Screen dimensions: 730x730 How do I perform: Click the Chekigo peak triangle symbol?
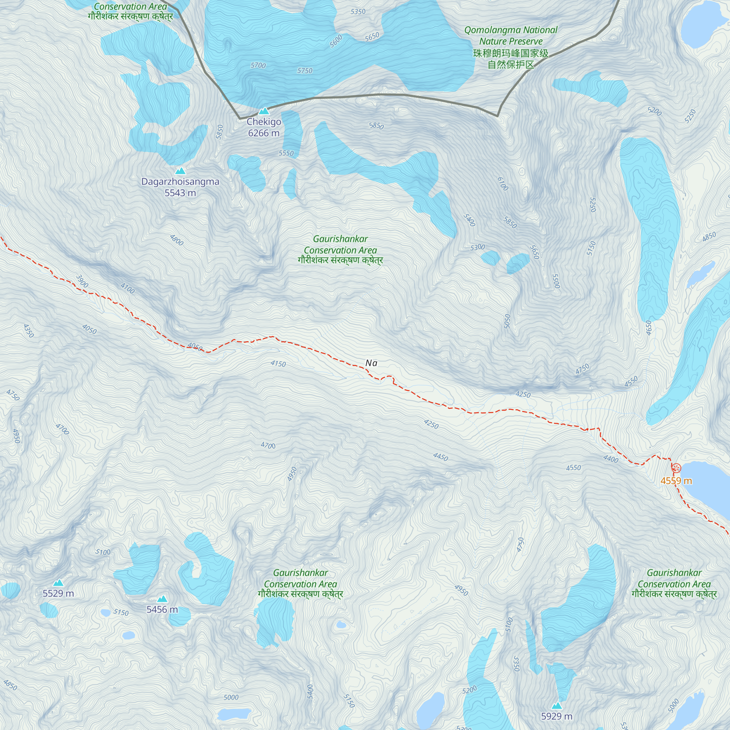click(x=264, y=111)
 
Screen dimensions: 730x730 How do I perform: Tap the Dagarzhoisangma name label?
click(x=180, y=181)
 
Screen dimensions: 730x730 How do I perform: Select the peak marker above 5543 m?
click(x=180, y=171)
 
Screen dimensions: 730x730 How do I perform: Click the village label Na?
click(x=371, y=363)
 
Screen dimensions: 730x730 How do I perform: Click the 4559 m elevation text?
click(x=676, y=481)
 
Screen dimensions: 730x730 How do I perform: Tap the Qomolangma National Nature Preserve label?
click(x=511, y=47)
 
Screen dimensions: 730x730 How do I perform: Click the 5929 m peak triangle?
click(x=556, y=706)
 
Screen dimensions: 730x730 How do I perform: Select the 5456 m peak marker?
click(x=162, y=599)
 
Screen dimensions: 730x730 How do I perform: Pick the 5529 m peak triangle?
click(x=58, y=583)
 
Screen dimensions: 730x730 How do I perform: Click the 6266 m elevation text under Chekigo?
click(x=264, y=133)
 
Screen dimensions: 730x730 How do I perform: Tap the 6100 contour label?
click(x=503, y=184)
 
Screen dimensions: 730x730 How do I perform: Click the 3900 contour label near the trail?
click(x=82, y=281)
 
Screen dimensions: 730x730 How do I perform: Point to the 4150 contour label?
click(x=278, y=364)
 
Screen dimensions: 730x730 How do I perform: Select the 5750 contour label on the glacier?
click(x=304, y=71)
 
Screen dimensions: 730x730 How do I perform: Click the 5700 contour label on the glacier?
click(x=258, y=65)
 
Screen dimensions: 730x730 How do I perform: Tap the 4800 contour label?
click(x=176, y=240)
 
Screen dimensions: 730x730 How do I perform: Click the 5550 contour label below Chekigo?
click(x=286, y=153)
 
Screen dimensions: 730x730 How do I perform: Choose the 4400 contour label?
click(x=611, y=459)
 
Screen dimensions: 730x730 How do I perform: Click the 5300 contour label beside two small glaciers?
click(x=477, y=247)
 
